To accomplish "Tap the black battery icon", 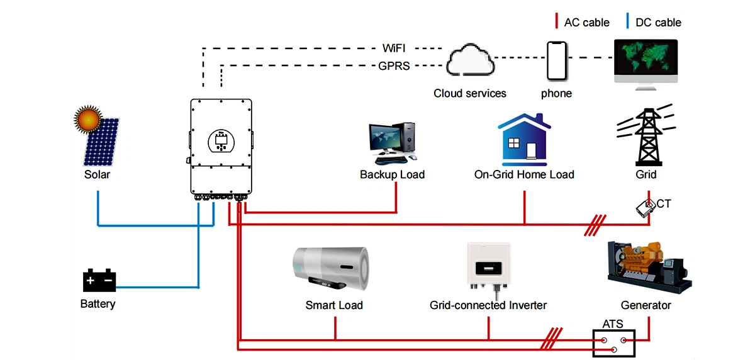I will click(99, 280).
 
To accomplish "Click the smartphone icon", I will click(556, 60).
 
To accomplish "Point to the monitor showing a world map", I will click(646, 61).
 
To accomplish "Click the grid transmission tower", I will click(646, 137).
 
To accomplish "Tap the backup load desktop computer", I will click(392, 140).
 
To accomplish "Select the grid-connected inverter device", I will click(489, 267).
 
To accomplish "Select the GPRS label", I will click(394, 65).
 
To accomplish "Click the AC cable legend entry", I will click(581, 23).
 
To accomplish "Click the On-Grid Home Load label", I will click(524, 174).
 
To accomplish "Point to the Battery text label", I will click(98, 304).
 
